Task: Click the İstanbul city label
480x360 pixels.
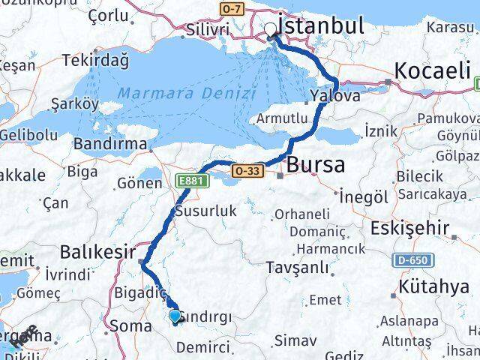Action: click(x=321, y=25)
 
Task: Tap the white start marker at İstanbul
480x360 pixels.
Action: click(x=271, y=30)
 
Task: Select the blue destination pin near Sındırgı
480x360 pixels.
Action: click(x=175, y=316)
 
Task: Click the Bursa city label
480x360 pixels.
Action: click(x=316, y=165)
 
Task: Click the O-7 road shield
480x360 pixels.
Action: click(x=232, y=7)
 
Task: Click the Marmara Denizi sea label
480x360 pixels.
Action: click(x=187, y=94)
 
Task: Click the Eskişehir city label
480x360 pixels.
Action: click(x=414, y=228)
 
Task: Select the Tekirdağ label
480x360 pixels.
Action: click(x=95, y=60)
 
